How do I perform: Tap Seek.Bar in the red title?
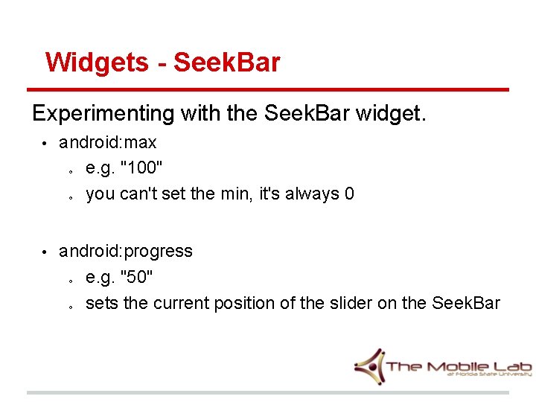[x=227, y=63]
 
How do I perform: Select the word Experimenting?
[x=102, y=114]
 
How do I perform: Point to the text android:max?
[x=108, y=142]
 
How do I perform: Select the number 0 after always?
[x=349, y=194]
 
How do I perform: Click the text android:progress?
[x=126, y=252]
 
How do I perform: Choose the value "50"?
[x=137, y=278]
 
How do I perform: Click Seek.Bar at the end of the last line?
[x=466, y=304]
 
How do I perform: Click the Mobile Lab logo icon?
[x=369, y=366]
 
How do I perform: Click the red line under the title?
[x=268, y=90]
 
